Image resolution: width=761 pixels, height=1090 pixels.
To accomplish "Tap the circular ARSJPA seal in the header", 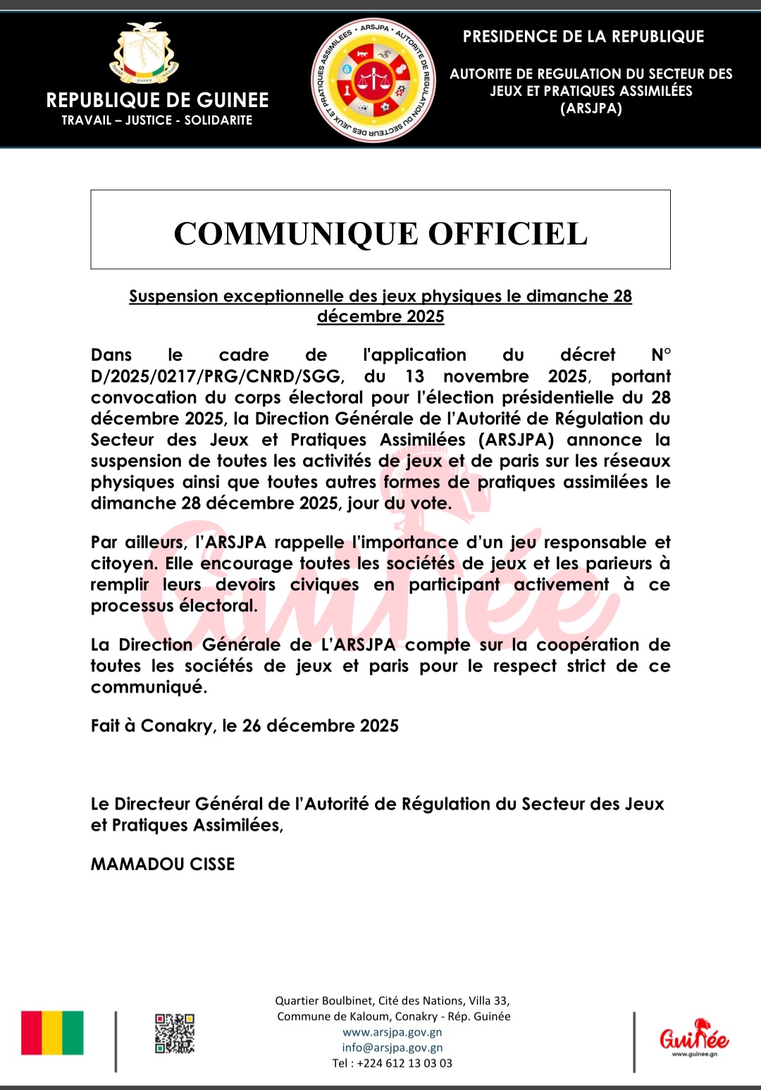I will click(373, 80).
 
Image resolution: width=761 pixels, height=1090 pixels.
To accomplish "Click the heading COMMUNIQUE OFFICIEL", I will click(380, 234).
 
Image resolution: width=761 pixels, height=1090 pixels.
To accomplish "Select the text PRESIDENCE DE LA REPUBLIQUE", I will click(583, 37).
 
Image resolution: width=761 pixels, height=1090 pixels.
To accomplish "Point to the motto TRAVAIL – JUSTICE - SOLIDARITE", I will click(157, 120).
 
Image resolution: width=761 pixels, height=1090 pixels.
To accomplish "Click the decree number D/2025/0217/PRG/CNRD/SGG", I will click(216, 377).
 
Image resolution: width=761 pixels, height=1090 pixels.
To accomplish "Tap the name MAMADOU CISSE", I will click(163, 865).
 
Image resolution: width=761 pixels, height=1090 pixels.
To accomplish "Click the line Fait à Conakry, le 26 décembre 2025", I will click(245, 726).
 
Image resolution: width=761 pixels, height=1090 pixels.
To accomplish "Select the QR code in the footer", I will click(175, 1034).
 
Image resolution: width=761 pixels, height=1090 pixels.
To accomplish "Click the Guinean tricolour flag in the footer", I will click(52, 1033).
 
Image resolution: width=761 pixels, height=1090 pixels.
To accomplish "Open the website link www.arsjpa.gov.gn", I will click(392, 1032).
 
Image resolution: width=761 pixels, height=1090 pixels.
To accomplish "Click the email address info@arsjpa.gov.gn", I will click(392, 1048).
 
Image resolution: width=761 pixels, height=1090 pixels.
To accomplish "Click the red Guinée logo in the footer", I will click(694, 1036).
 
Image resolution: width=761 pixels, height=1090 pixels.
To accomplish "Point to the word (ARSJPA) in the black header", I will click(591, 109).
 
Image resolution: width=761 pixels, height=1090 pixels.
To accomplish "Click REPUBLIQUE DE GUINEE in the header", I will click(157, 100).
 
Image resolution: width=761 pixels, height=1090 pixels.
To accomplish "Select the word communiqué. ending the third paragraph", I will click(149, 688).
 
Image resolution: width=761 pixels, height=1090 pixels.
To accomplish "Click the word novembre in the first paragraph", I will click(486, 377).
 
